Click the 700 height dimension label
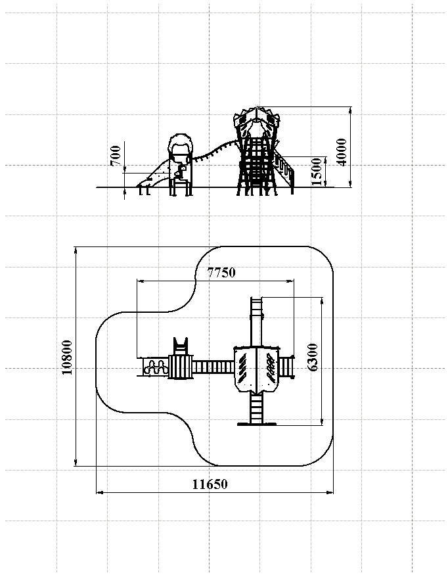pos(116,156)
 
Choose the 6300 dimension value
pos(313,358)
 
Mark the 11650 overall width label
pos(210,484)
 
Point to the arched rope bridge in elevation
pos(213,152)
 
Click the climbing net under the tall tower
pos(257,168)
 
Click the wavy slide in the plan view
pos(155,367)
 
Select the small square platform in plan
pos(179,367)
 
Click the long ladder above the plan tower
pos(256,322)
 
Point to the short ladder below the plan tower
pos(256,407)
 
